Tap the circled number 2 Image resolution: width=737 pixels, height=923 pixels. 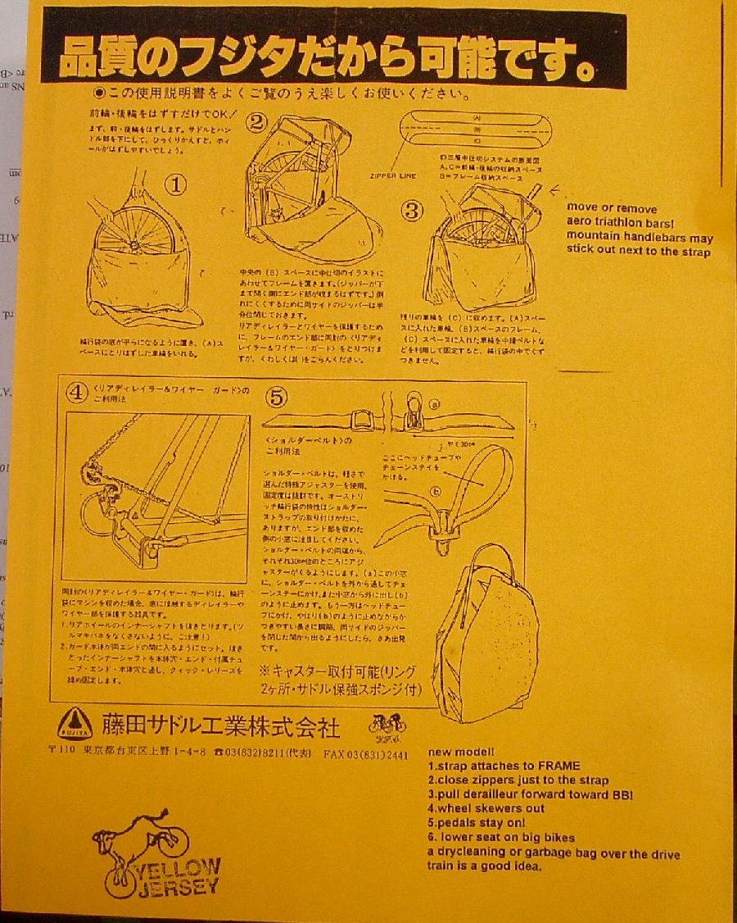257,123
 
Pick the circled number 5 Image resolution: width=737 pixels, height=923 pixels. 278,397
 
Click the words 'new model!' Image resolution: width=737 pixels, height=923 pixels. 460,752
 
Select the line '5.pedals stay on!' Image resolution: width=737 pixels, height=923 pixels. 476,822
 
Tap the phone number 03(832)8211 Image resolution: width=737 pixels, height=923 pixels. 263,754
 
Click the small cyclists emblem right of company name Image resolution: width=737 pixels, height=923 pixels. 387,726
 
